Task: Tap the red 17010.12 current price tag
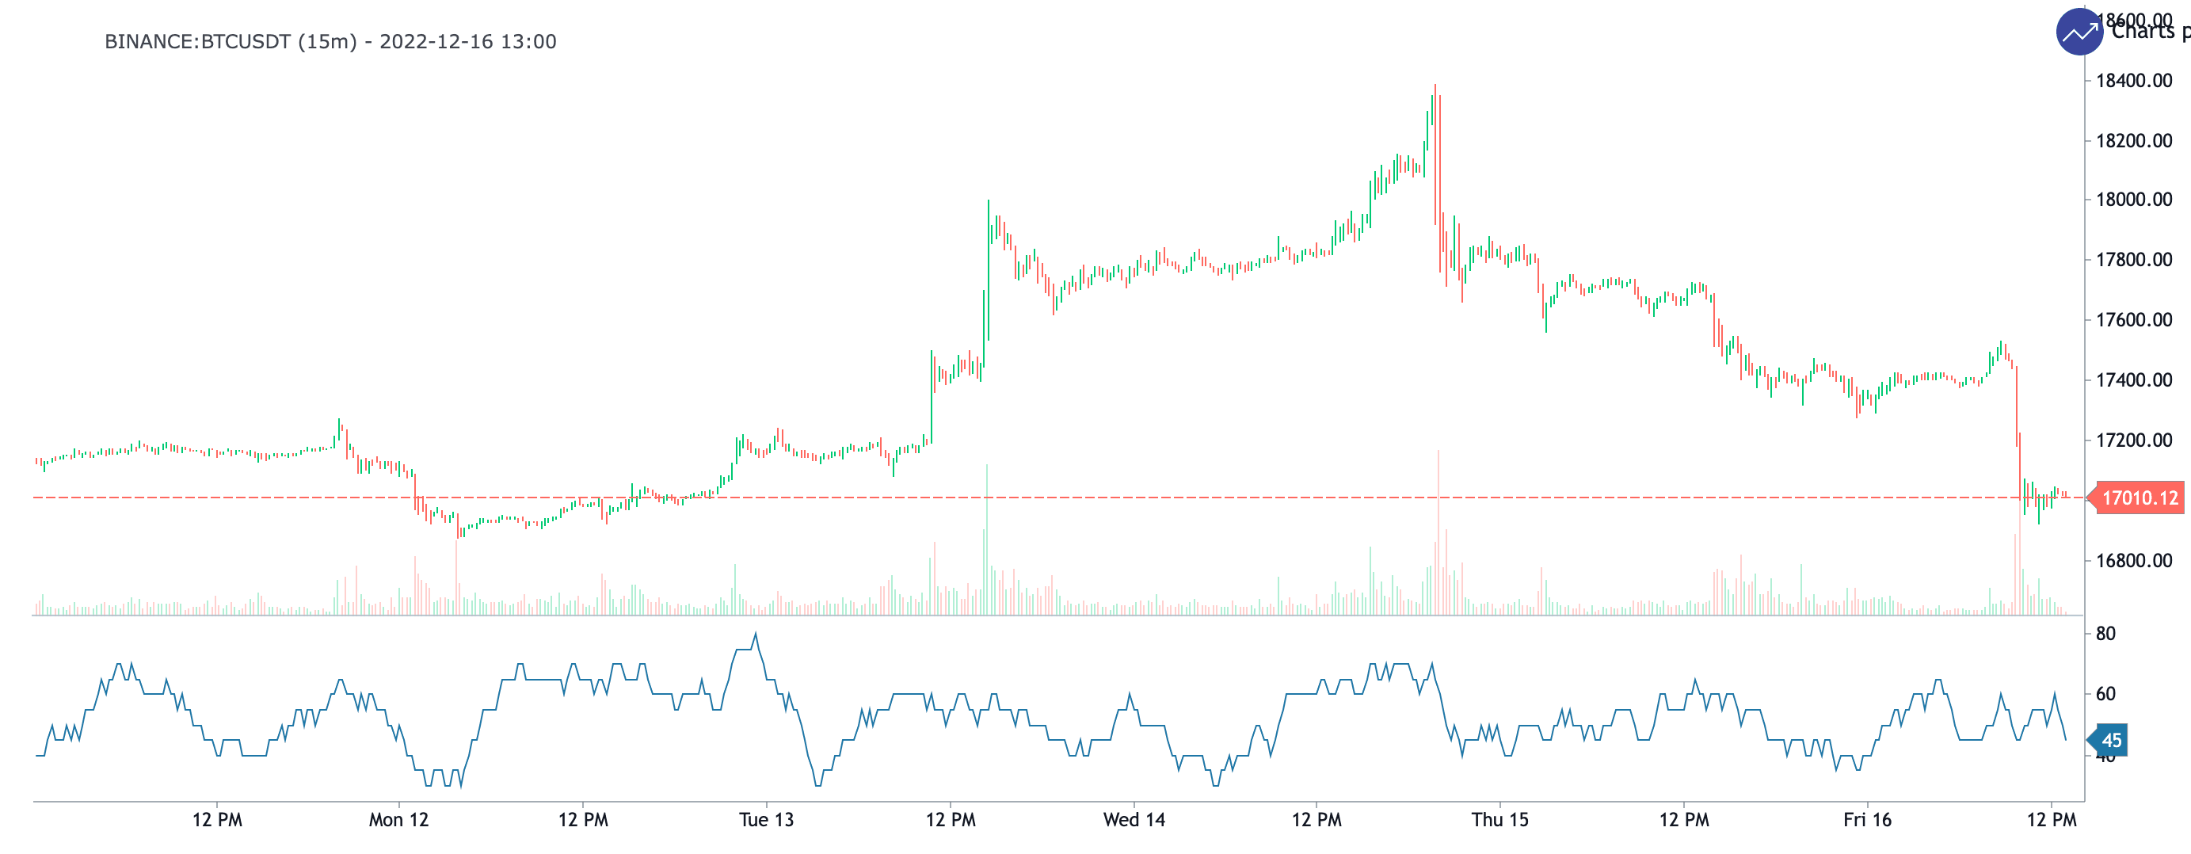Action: coord(2140,498)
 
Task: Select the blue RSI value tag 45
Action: coord(2110,740)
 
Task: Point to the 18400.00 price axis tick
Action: coord(2133,81)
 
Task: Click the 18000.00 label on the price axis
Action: coord(2133,200)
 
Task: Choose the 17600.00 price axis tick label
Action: coord(2133,320)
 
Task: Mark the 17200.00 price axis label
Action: coord(2133,440)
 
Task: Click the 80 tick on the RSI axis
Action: coord(2105,634)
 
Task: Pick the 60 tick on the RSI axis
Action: coord(2105,694)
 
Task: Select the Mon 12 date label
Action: coord(398,820)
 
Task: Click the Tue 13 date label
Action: coord(765,820)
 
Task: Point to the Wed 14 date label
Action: coord(1133,820)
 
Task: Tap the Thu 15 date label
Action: coord(1499,820)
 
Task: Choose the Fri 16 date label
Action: coord(1867,820)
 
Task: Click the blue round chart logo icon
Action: coord(2079,32)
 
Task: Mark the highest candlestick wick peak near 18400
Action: coord(1434,86)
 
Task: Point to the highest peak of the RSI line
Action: coord(755,635)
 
